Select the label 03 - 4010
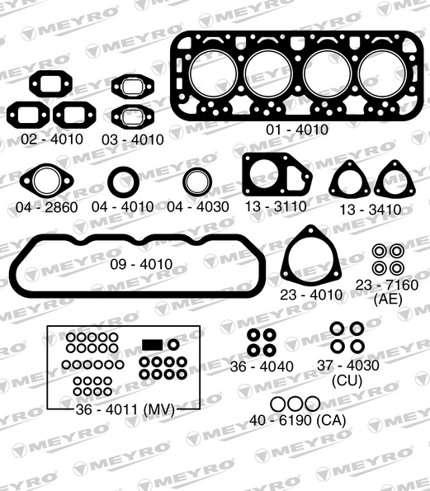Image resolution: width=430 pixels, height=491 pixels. coord(132,139)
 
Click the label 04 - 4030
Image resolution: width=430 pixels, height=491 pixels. coord(198,206)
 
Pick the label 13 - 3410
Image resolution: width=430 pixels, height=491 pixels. coord(371,210)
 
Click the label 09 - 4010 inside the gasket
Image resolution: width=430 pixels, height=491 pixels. coord(141,264)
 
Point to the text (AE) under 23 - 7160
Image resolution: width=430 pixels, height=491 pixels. coord(387,299)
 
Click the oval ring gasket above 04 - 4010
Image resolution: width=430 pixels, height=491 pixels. coord(124,182)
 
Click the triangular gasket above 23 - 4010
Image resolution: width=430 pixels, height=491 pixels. coord(311,258)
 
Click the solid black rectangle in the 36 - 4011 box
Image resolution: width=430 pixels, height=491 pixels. coord(153,343)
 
